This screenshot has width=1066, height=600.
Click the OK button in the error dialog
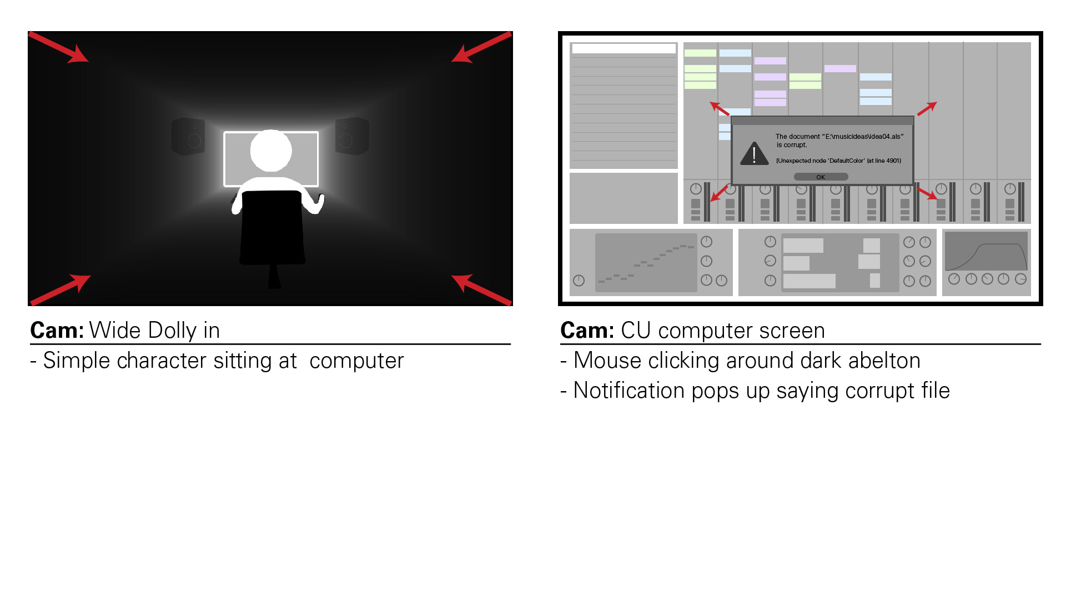tap(821, 177)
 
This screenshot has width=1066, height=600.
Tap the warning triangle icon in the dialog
tap(754, 154)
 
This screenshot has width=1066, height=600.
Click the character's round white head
tap(271, 151)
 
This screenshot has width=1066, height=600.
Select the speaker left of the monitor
tap(188, 136)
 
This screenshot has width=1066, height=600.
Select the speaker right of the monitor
tap(352, 136)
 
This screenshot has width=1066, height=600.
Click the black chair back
tap(272, 227)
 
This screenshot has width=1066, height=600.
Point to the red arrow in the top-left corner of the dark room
tap(58, 47)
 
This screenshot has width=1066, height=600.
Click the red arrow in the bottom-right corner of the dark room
tap(482, 289)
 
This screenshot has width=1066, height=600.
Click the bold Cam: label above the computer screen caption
tap(587, 331)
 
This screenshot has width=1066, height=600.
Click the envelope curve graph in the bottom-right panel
tap(986, 251)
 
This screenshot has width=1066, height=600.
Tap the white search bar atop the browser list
tap(623, 49)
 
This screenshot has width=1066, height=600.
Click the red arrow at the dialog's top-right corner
tap(927, 109)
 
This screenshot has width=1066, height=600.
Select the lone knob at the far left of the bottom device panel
tap(579, 281)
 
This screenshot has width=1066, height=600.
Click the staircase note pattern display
tap(646, 263)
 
